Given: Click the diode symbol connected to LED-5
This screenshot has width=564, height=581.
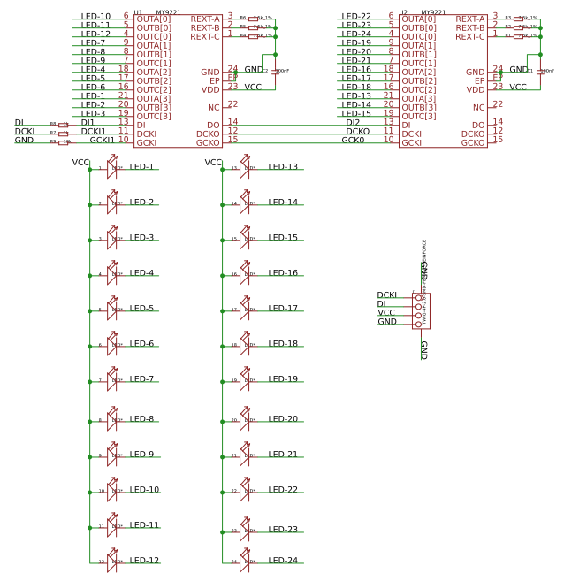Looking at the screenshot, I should (x=112, y=309).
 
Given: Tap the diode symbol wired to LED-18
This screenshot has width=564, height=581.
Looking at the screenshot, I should (x=245, y=344).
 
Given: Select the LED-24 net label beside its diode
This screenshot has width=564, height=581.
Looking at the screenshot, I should (x=283, y=561).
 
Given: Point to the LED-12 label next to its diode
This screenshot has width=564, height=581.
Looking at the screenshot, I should (x=144, y=561).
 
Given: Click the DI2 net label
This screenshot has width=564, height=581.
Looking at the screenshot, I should (x=353, y=122).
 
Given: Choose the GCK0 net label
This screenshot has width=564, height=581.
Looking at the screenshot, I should (x=353, y=140).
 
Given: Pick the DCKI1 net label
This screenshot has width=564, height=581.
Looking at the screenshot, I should (x=93, y=131).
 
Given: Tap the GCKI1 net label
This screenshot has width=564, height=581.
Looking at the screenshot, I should (x=102, y=140).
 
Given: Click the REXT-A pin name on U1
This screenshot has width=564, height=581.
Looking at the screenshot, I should (x=205, y=18).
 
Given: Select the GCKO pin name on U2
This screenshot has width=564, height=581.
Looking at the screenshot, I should (x=473, y=142).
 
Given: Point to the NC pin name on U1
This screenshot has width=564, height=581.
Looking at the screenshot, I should (x=213, y=107).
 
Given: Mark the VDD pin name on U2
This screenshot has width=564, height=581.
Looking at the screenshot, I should (x=476, y=89).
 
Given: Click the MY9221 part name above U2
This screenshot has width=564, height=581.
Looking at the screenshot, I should (x=433, y=12).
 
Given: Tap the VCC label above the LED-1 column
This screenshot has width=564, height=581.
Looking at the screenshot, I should (x=80, y=163).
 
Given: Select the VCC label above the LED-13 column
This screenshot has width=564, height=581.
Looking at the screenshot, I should (x=213, y=163).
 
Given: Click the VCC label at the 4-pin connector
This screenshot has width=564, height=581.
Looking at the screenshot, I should (x=386, y=312).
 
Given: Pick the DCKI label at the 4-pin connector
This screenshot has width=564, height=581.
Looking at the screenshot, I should (x=386, y=294).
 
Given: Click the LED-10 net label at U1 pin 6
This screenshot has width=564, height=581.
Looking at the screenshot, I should (x=95, y=16).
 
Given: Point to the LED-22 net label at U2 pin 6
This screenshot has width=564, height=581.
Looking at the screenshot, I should (x=356, y=16).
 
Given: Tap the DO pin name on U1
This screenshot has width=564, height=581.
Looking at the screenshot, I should (x=214, y=125).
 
